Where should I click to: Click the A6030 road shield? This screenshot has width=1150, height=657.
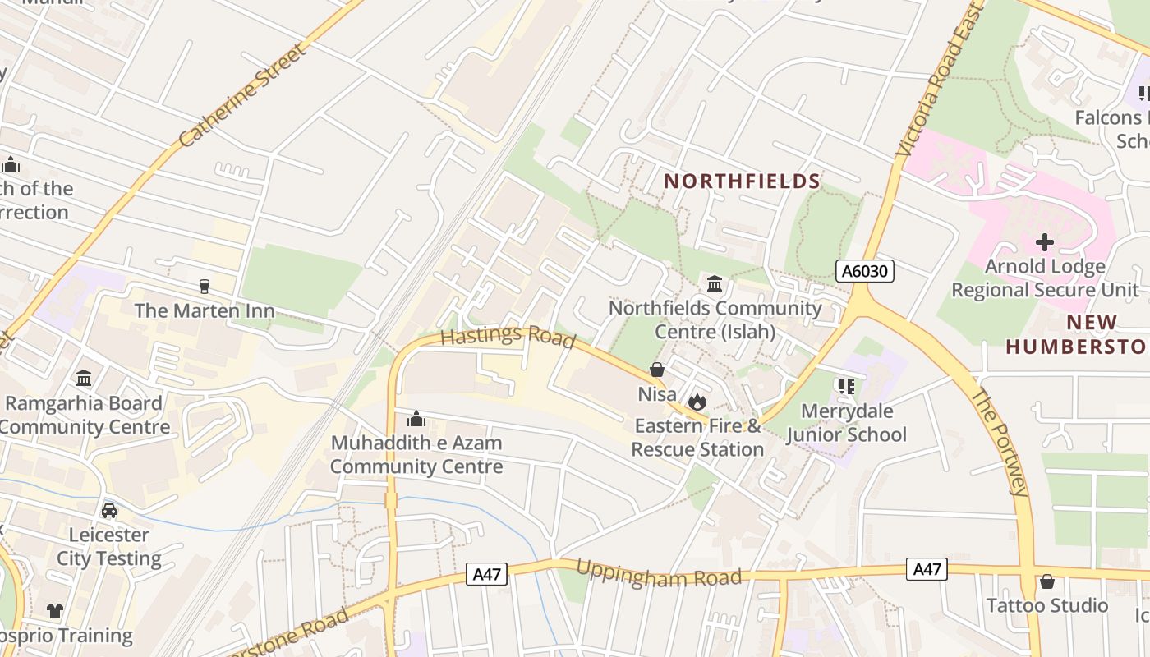pos(864,271)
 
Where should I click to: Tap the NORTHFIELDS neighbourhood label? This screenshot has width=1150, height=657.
pos(742,181)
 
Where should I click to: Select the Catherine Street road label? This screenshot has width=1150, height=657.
pos(243,96)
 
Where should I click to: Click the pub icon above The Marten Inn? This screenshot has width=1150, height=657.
pos(205,287)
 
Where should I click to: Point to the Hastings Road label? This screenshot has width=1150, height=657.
pos(507,337)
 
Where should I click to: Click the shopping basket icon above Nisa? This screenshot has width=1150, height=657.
pos(657,370)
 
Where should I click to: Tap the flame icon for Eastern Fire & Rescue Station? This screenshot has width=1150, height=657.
pos(697,402)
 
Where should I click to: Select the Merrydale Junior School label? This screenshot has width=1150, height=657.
pos(847,422)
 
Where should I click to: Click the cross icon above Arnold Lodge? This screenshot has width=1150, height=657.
pos(1045,242)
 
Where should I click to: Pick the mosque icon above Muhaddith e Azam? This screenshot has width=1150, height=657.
pos(416,420)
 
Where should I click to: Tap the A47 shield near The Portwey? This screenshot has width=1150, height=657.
pos(927,569)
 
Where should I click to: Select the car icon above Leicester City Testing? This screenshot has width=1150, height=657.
pos(109,511)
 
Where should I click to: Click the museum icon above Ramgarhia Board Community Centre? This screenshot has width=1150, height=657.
pos(84,379)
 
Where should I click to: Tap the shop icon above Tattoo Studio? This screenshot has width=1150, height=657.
pos(1046,581)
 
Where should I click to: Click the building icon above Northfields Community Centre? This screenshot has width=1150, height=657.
pos(715,284)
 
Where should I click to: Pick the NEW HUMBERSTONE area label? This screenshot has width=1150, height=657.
pos(1076,334)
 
